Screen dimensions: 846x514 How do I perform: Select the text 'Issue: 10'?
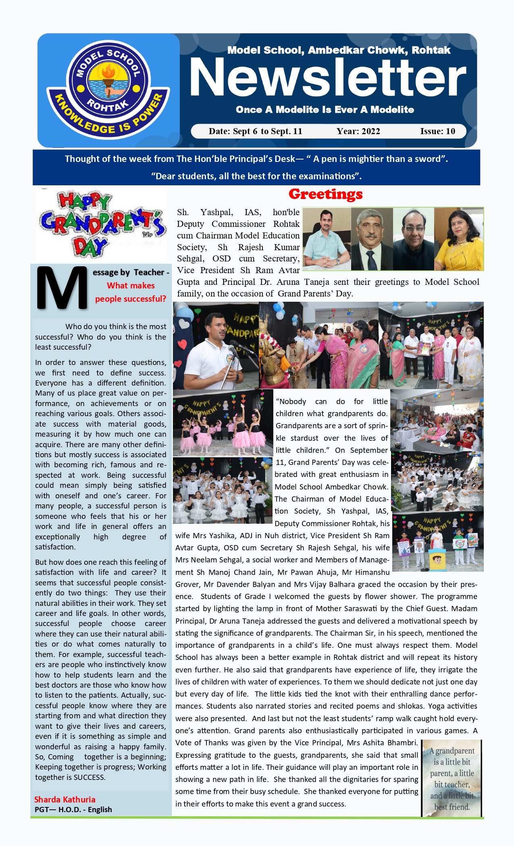437,131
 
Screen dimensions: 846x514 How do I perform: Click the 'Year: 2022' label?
358,131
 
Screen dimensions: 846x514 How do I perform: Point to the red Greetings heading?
325,194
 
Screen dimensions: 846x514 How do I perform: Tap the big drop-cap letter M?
62,288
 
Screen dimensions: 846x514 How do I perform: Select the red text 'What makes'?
131,286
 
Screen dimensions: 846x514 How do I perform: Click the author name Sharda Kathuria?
65,800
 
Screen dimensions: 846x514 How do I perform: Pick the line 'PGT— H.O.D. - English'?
73,810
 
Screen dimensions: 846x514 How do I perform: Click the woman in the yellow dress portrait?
459,239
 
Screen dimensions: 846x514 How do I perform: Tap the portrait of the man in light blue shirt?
327,239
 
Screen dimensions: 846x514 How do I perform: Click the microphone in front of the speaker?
234,350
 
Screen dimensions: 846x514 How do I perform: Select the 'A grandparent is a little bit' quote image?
452,778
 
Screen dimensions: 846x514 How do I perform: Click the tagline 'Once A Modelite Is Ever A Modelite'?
325,110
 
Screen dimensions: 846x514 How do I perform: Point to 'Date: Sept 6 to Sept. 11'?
255,131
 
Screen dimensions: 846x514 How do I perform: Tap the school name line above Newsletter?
339,50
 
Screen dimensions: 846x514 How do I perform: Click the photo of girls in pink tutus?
223,423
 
